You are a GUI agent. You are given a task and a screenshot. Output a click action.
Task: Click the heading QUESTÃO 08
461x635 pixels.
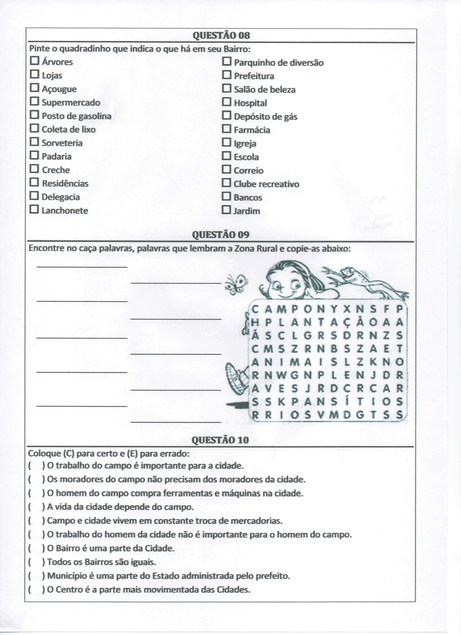point(221,36)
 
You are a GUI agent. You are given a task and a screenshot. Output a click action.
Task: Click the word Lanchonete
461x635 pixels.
point(65,211)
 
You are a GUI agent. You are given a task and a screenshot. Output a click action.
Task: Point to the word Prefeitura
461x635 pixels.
point(254,76)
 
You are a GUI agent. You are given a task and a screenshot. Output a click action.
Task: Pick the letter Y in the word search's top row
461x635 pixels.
point(333,309)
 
